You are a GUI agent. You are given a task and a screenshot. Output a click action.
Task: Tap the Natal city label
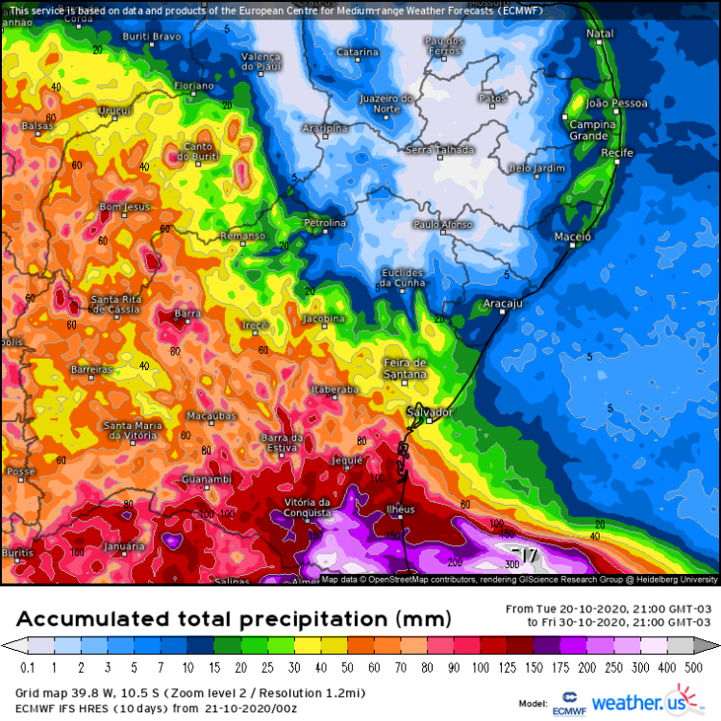[600, 35]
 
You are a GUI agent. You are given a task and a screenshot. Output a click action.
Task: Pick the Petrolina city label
[324, 223]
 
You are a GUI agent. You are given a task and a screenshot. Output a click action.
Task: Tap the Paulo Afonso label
[442, 224]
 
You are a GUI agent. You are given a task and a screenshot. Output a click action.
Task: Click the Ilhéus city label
[399, 509]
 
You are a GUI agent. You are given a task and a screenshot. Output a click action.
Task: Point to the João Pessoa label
[617, 103]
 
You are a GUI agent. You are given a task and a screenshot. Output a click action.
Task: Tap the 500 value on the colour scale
[706, 665]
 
